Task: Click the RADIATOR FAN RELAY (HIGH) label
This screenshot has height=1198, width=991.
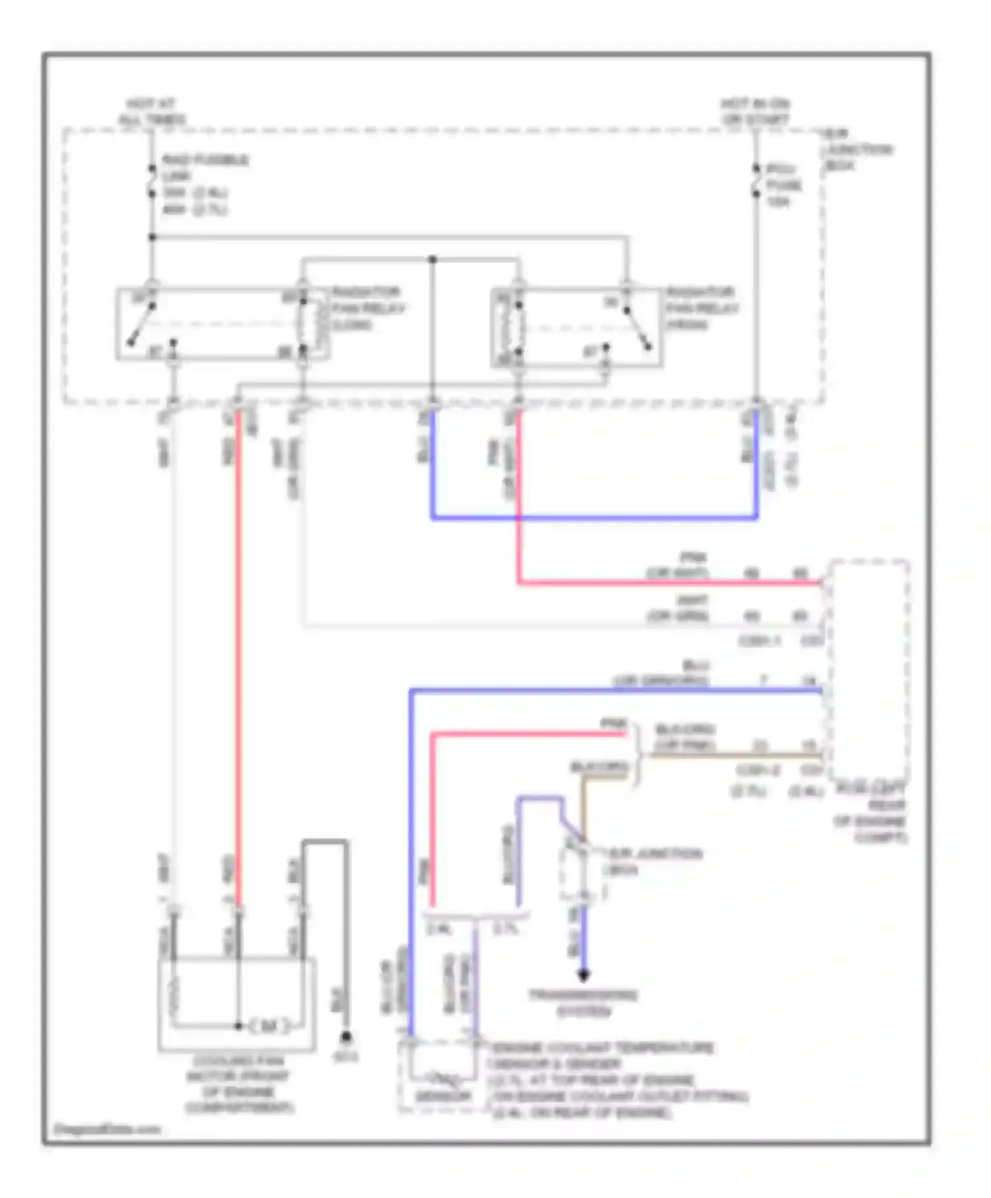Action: click(x=702, y=308)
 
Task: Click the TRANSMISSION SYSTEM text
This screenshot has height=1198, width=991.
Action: click(x=583, y=1003)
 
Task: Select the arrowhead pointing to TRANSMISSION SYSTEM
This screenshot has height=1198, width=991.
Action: click(x=583, y=975)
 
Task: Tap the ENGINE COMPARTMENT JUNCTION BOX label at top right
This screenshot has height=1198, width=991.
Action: click(x=858, y=150)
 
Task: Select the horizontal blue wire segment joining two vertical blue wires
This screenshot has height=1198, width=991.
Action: click(x=595, y=518)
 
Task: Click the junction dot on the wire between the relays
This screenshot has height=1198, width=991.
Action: click(x=433, y=259)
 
